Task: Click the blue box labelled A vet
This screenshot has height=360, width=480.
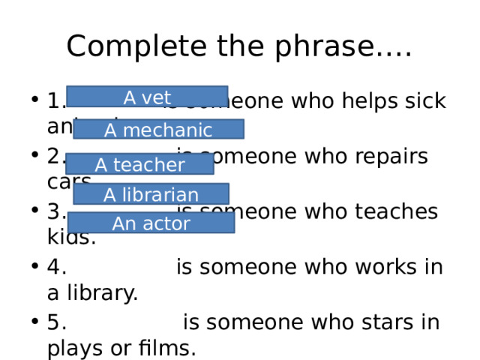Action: [147, 97]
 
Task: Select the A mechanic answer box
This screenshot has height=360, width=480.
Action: [158, 130]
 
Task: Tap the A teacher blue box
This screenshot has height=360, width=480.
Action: [139, 163]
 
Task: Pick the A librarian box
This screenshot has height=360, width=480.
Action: [151, 194]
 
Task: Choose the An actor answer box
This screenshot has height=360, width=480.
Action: [151, 223]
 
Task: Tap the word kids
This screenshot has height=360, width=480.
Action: [70, 238]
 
